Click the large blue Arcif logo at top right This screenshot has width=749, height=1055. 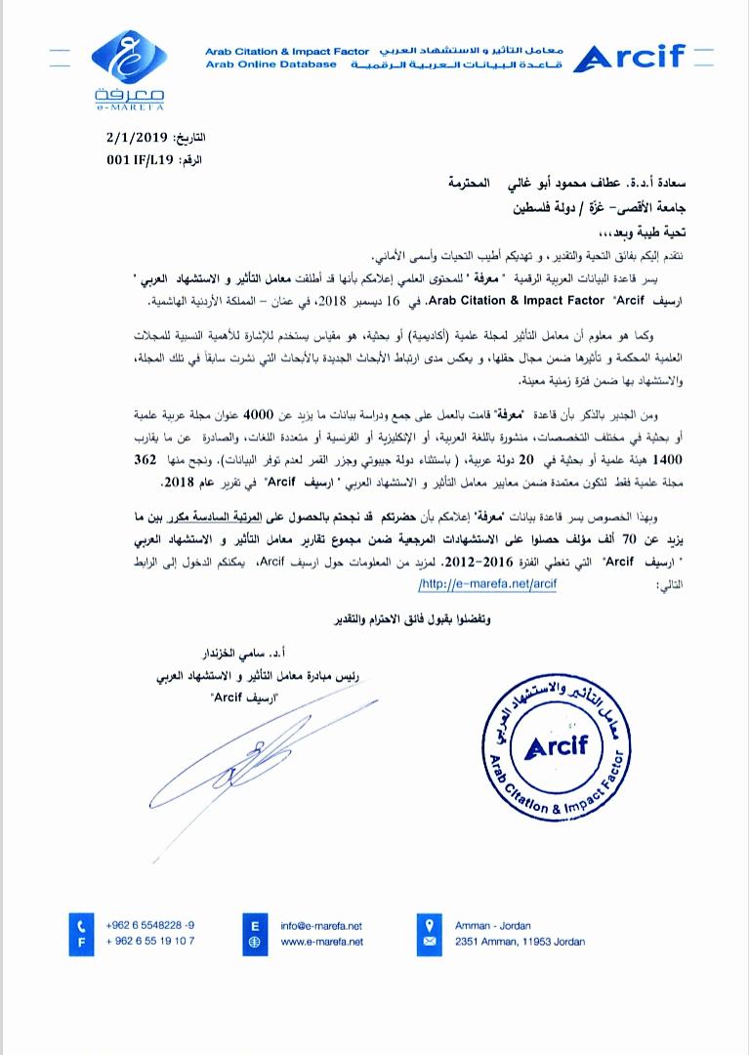tap(631, 59)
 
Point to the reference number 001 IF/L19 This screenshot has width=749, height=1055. tap(132, 158)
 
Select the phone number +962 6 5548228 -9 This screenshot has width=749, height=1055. tap(149, 924)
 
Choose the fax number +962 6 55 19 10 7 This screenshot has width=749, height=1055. tap(149, 941)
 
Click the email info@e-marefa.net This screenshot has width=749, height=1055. tap(321, 924)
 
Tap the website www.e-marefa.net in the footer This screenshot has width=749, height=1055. tap(321, 941)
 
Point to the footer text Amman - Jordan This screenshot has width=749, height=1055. tap(494, 924)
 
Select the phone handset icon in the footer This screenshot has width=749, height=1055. tap(82, 924)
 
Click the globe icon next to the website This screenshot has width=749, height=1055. tap(255, 941)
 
